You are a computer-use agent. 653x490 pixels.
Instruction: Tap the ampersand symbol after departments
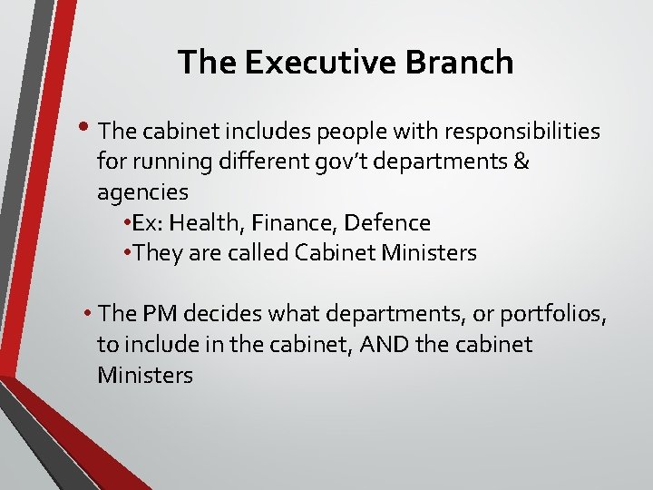[521, 162]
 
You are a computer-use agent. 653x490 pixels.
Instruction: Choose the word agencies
[142, 192]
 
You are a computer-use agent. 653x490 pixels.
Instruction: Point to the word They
[158, 252]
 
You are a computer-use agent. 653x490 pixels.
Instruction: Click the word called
[258, 252]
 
